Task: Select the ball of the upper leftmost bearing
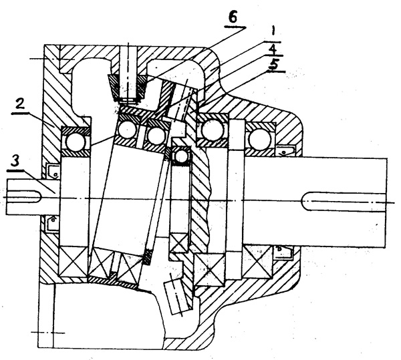(72, 140)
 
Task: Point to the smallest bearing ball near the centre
(180, 156)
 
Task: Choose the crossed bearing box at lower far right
(257, 262)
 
